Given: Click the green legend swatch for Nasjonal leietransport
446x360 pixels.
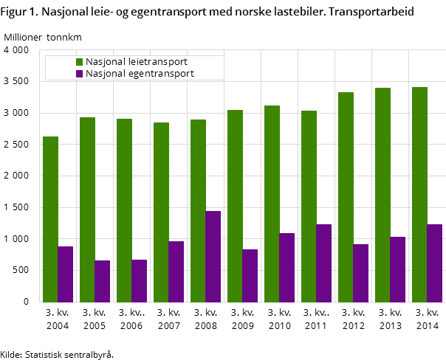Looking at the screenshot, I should point(79,62).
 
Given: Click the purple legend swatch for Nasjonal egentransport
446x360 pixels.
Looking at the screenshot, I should point(79,74).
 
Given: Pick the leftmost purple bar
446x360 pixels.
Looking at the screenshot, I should point(65,274).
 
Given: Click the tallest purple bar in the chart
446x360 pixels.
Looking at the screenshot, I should point(213,256).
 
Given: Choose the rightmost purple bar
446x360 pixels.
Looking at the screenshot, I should point(434,263).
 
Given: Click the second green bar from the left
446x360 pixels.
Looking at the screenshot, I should point(87,210).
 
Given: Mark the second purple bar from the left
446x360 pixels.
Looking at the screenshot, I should point(102,281).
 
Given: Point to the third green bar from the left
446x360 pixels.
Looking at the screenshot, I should point(124,210).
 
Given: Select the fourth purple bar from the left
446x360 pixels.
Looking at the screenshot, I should point(176,271).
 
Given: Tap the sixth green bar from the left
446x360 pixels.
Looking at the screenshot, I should point(235,206).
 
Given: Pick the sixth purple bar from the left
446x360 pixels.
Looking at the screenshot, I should point(250,275).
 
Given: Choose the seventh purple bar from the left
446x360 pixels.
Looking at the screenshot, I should point(287,267).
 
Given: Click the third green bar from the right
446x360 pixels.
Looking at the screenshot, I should point(346,197).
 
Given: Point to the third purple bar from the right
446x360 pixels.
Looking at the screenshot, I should point(360,273).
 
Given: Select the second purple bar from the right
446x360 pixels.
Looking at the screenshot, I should point(397,269).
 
